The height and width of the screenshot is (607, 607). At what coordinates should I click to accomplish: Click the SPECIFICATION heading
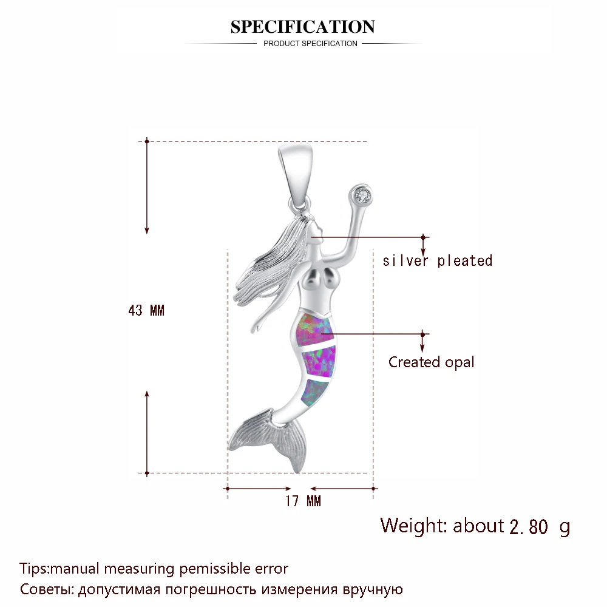coord(302,27)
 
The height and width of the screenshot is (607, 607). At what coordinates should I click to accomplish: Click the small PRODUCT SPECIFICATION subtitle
coord(310,44)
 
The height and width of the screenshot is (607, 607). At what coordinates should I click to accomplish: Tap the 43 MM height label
coord(146,311)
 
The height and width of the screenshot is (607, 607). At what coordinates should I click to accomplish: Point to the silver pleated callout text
coord(437,261)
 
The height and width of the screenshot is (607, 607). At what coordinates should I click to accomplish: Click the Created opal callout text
coord(432,362)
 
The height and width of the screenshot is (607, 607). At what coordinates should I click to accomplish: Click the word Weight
coord(413,525)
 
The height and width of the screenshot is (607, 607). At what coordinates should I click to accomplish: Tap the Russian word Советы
coord(42,589)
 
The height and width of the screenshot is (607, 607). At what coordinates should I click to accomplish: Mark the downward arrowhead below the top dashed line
coord(147,230)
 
